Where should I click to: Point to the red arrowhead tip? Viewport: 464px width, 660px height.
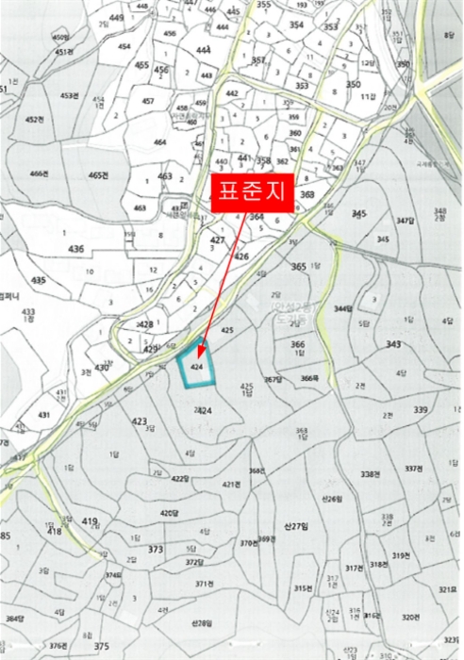(200, 361)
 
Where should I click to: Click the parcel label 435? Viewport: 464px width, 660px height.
(38, 280)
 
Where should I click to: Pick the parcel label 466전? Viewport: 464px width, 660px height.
(39, 173)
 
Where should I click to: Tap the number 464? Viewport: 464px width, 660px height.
(160, 142)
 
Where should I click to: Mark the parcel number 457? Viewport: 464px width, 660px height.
(148, 101)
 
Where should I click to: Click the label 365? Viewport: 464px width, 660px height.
(299, 267)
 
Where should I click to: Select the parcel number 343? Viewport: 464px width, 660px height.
(393, 344)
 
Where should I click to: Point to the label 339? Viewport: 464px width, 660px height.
(420, 409)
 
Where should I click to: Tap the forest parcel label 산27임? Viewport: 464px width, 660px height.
(296, 526)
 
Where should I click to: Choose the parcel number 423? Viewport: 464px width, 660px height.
(140, 421)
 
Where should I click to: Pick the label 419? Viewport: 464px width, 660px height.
(90, 521)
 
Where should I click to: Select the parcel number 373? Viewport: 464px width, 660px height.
(156, 550)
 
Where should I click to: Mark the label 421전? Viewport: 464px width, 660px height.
(232, 484)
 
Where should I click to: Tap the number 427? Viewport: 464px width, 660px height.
(218, 240)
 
